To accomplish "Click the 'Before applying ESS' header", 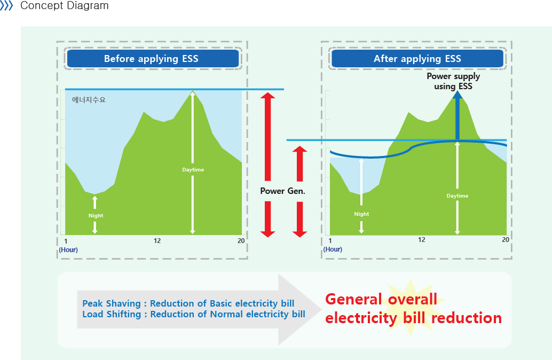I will (151, 59).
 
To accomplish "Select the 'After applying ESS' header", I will (417, 59).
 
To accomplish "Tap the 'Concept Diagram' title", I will (64, 6).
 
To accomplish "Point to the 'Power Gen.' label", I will (282, 191).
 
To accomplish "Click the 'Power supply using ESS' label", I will (453, 81).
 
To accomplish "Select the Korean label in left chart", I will (89, 100).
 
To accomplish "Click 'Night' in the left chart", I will (96, 216).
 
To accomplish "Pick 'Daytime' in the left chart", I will (193, 170).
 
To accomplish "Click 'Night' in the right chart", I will (361, 214).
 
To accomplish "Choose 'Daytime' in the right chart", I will (458, 196).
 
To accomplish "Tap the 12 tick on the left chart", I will (157, 241).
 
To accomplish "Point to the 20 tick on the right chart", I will (505, 240).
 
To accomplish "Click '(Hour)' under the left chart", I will (68, 249).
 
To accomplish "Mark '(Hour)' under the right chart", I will (333, 249).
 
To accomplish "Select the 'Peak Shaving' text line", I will (188, 303).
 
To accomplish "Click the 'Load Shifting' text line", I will (194, 314).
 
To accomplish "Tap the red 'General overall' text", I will (381, 299).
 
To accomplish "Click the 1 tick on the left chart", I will (65, 241).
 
